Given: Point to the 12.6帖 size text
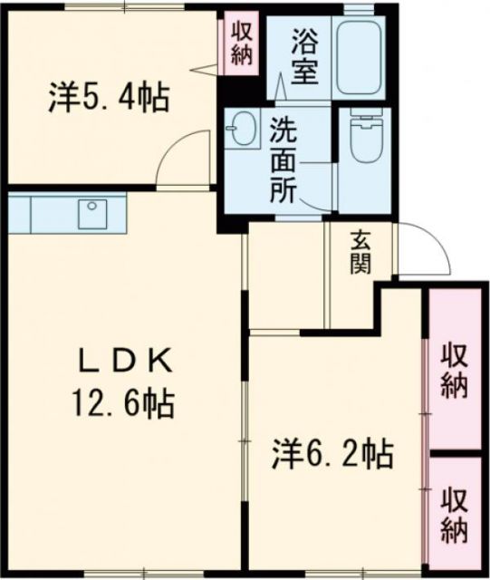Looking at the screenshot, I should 122,401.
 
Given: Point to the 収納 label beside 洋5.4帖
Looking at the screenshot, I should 242,43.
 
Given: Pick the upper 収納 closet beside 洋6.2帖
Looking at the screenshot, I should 454,369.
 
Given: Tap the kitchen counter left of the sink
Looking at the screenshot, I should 45,214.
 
